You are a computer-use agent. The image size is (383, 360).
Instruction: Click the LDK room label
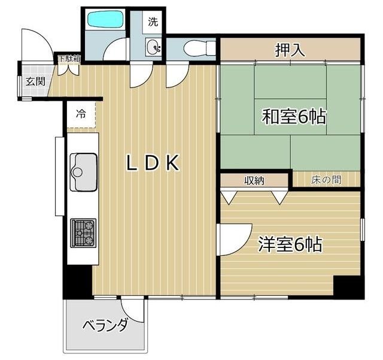coord(153,163)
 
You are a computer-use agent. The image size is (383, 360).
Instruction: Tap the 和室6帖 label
coord(293,117)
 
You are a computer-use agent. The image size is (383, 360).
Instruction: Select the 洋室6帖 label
coord(290,244)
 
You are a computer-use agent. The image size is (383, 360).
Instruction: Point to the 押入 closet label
coord(290,50)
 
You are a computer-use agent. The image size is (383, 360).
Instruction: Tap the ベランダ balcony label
coord(105,326)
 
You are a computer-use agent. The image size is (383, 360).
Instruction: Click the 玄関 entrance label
coord(35,81)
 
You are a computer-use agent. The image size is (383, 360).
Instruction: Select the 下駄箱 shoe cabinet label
coord(69,59)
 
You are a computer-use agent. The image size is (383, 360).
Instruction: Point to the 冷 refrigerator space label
coord(80,114)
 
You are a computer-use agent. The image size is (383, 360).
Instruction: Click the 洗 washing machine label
coord(153,23)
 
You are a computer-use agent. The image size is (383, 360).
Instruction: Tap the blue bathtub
coord(105,20)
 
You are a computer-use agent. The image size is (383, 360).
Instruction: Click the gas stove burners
coord(83,233)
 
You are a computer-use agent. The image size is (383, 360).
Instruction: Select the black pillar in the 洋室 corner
coord(348,287)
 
